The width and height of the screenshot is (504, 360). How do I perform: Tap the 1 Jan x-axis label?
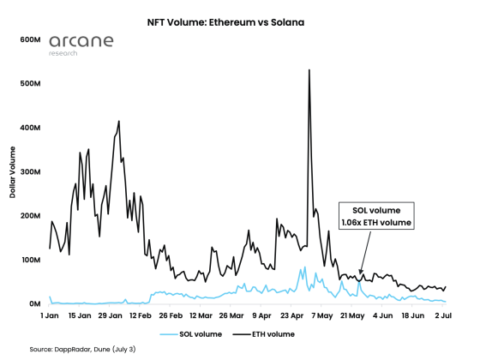point(50,315)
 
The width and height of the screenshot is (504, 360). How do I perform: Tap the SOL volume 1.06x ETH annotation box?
point(376,217)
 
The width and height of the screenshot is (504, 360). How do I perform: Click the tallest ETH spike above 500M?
point(309,71)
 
